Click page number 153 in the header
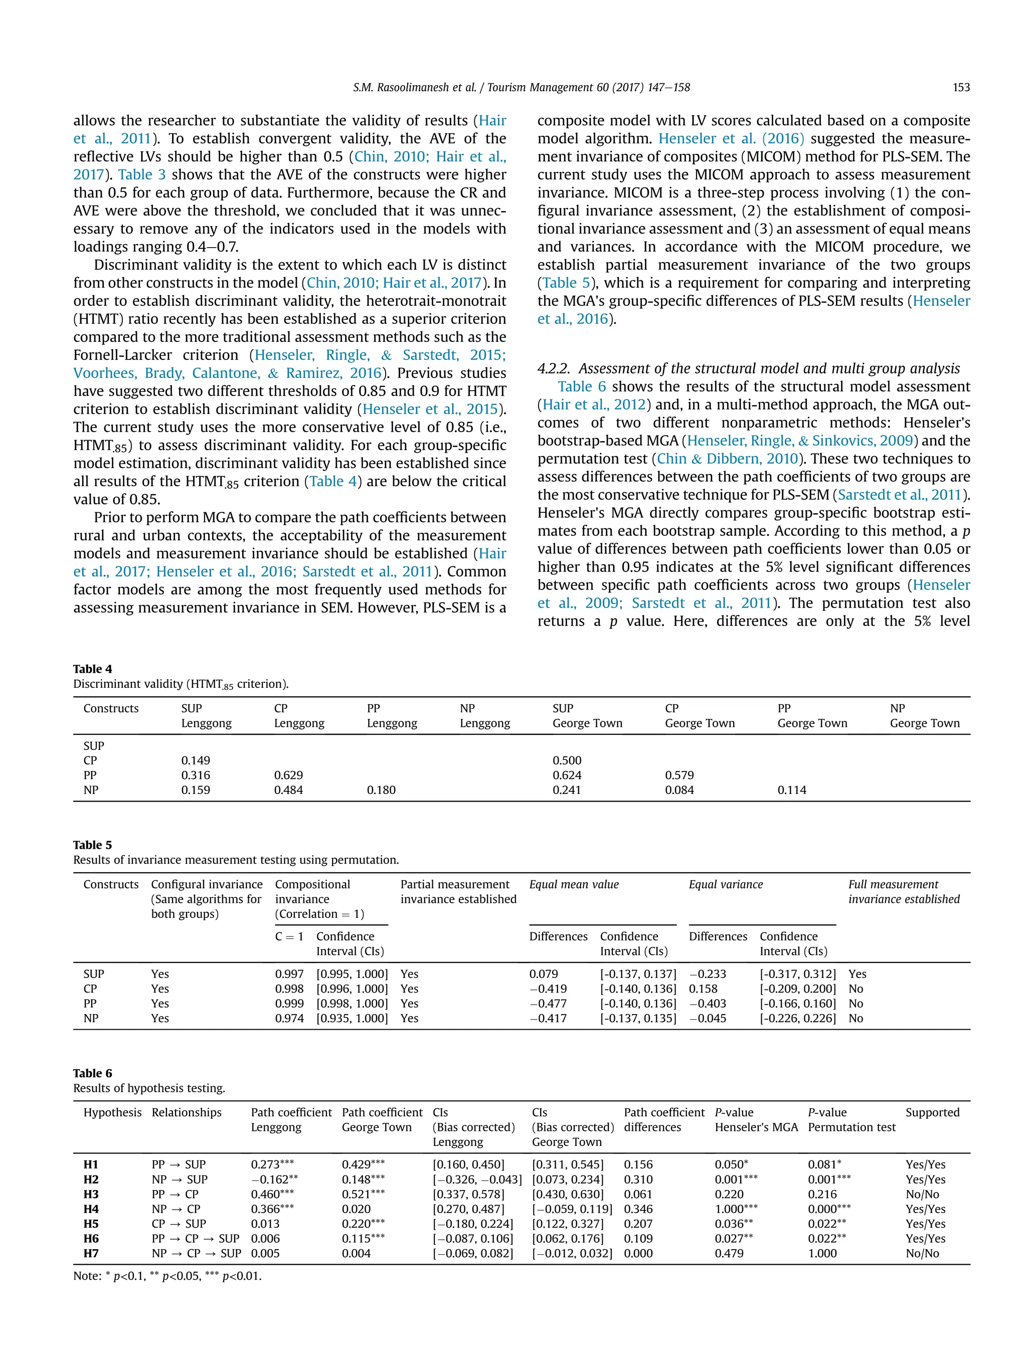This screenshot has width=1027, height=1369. click(961, 87)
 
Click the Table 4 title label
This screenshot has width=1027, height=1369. click(93, 669)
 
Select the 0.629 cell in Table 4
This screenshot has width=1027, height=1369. click(288, 775)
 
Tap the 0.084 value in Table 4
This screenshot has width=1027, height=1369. click(679, 790)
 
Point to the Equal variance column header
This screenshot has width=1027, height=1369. click(726, 884)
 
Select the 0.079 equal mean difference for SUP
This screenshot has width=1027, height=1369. click(543, 973)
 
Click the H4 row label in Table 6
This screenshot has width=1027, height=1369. click(91, 1209)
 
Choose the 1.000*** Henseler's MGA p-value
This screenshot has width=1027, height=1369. click(736, 1209)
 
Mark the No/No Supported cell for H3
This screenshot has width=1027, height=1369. click(922, 1194)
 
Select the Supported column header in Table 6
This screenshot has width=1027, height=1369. click(932, 1112)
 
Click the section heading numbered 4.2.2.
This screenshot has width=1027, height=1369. click(748, 369)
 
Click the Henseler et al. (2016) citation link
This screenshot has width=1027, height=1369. click(731, 139)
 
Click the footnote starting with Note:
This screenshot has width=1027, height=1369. click(167, 1276)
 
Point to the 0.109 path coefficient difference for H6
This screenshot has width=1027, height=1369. click(638, 1238)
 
